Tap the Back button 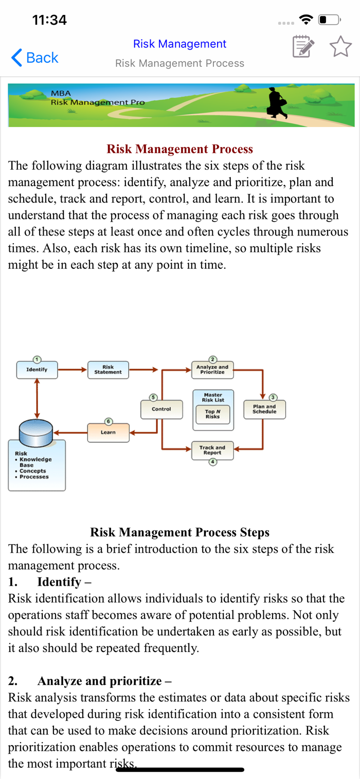coord(35,58)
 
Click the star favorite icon coord(340,47)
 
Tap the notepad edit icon coord(303,47)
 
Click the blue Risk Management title coord(179,44)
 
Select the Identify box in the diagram coord(37,370)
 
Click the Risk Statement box coord(108,370)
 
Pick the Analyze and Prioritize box coord(212,370)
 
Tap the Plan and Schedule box coord(264,409)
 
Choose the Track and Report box coord(212,450)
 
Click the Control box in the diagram coord(161,409)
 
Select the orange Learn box coord(108,432)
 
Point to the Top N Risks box coord(212,414)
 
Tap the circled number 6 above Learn coord(108,421)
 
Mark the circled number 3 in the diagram coord(274,397)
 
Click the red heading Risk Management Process coord(179,149)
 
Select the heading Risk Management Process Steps coord(179,532)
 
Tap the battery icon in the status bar coord(330,20)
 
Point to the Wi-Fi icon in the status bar coord(307,20)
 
